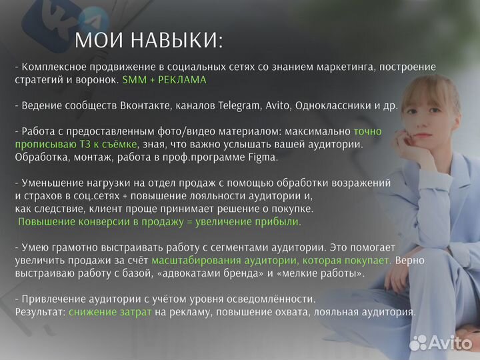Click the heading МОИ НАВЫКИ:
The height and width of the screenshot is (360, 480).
pos(149,41)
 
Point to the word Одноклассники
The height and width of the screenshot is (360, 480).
pos(331,105)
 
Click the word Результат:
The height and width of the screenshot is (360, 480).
pos(40,311)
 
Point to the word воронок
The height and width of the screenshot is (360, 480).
pos(97,79)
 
